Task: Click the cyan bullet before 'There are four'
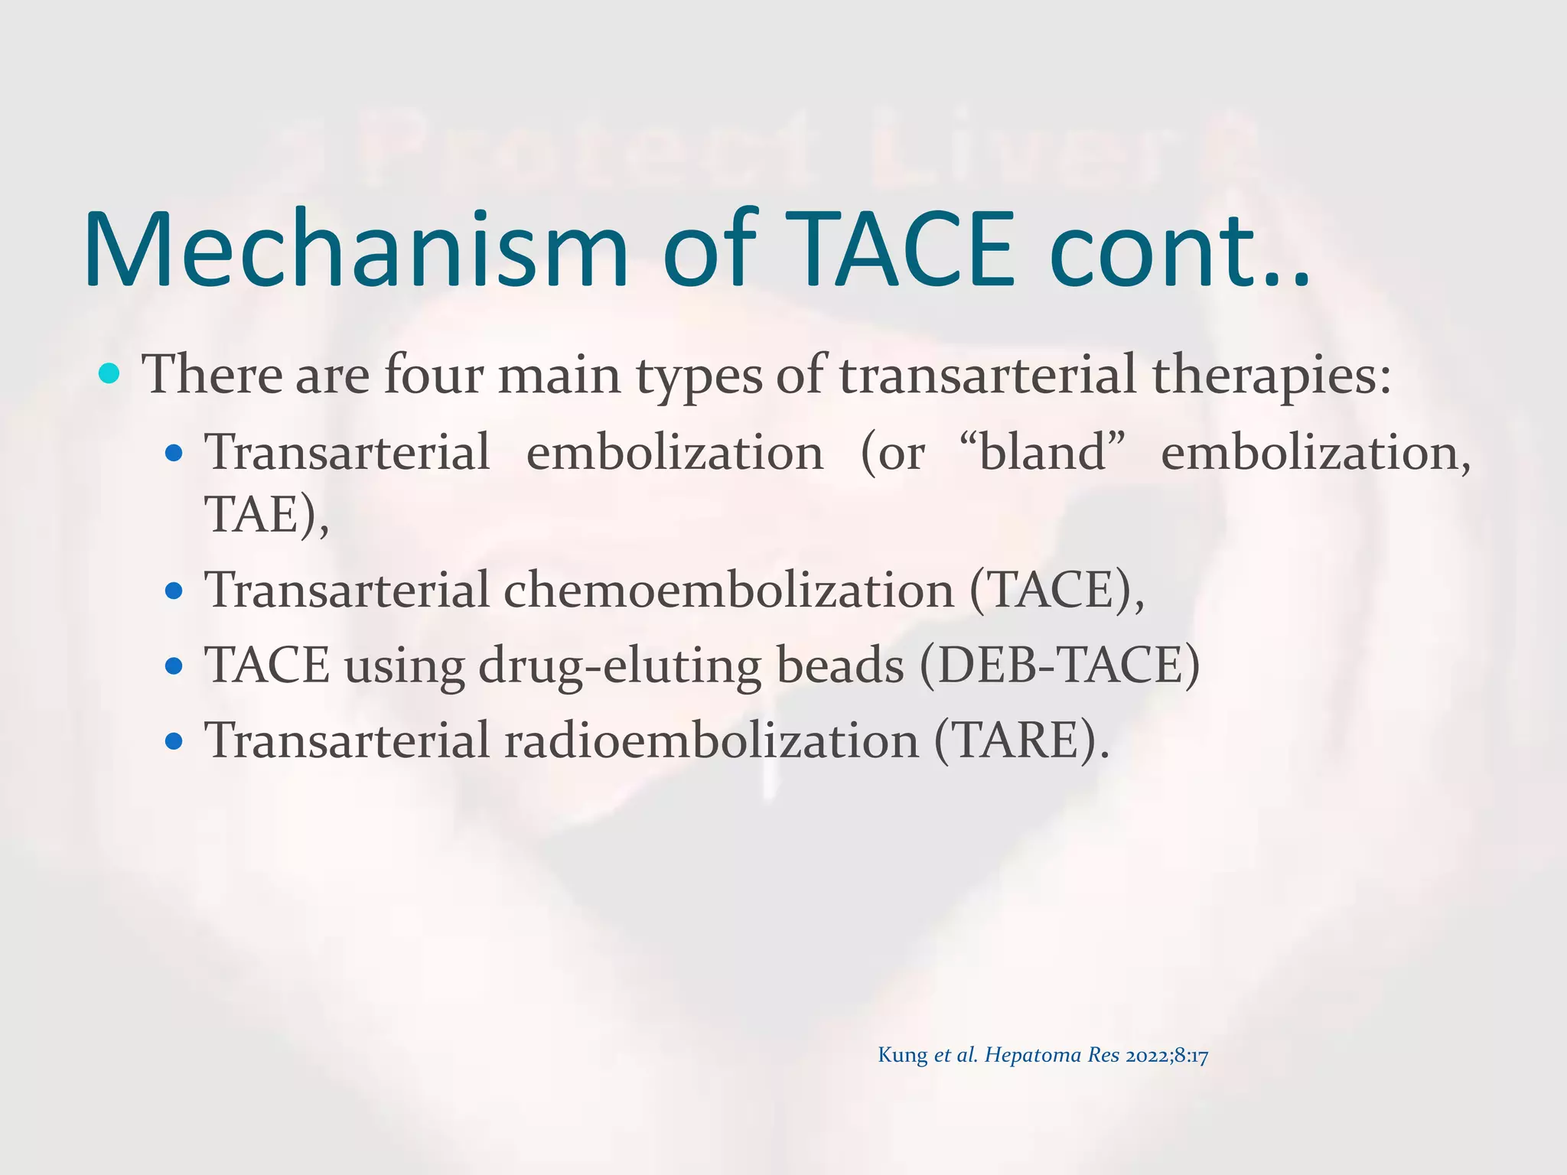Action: [x=110, y=374]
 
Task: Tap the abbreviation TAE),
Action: [x=266, y=514]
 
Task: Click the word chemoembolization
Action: [x=728, y=591]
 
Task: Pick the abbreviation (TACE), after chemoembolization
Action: [x=1057, y=591]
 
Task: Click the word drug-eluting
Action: [x=620, y=666]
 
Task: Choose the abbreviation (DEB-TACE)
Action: [x=1060, y=665]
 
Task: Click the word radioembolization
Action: [x=711, y=740]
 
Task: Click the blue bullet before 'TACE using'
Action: [x=174, y=666]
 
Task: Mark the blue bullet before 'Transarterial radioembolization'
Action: [x=174, y=741]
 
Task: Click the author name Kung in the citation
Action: [x=902, y=1055]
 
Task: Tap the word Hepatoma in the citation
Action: [x=1032, y=1056]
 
